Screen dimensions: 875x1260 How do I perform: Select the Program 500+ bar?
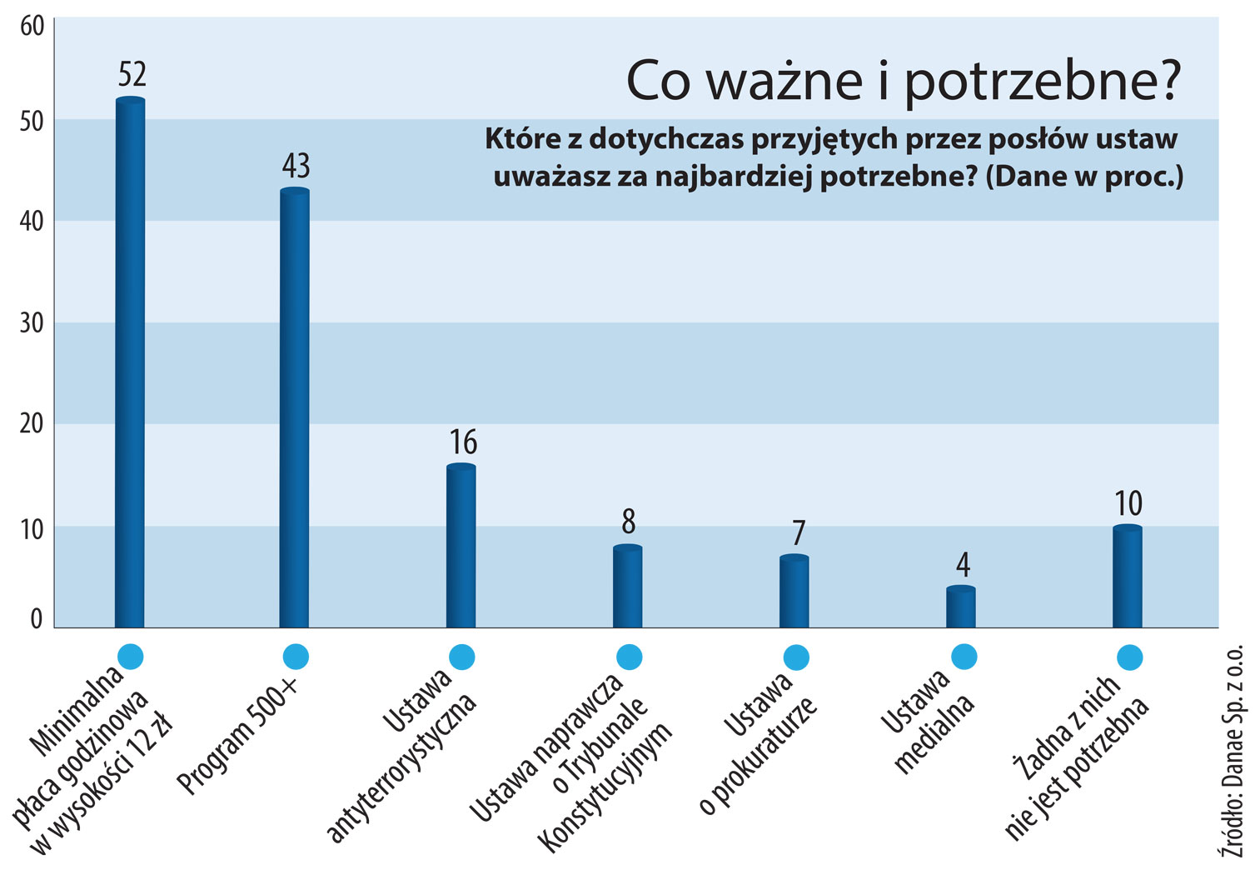pos(295,408)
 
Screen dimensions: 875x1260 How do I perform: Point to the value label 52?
pos(132,75)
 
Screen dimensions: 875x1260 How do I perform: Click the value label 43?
pos(296,166)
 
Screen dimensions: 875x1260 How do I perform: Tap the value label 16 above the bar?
pos(463,442)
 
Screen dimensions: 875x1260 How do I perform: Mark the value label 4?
pos(963,566)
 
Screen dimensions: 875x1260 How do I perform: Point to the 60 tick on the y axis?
pos(31,27)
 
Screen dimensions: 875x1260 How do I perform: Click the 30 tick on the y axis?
pos(31,322)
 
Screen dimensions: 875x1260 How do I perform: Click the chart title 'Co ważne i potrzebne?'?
pos(903,81)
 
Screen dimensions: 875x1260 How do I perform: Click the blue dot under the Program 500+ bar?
pos(296,657)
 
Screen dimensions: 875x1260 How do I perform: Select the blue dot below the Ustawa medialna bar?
pos(964,657)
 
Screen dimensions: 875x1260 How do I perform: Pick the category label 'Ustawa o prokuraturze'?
pos(758,742)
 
